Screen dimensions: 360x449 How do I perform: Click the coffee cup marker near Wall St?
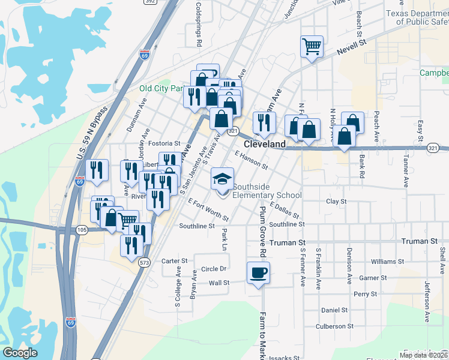point(258,273)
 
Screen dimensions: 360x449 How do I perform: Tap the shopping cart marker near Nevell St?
point(312,46)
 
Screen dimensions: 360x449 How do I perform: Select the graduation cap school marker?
point(222,179)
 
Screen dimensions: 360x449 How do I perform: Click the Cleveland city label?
point(265,145)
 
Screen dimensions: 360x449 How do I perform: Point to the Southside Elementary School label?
point(267,191)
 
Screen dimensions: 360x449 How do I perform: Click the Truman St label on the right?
point(420,241)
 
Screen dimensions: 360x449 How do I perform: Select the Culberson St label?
point(334,326)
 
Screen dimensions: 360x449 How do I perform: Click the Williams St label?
point(387,262)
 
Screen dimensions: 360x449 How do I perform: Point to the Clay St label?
point(336,202)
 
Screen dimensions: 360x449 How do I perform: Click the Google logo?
point(20,353)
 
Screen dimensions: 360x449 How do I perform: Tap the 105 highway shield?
point(82,230)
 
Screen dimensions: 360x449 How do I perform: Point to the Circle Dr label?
point(214,269)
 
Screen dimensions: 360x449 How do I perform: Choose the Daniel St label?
point(334,310)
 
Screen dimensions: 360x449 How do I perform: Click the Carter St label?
point(175,261)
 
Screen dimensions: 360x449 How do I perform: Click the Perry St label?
point(365,294)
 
